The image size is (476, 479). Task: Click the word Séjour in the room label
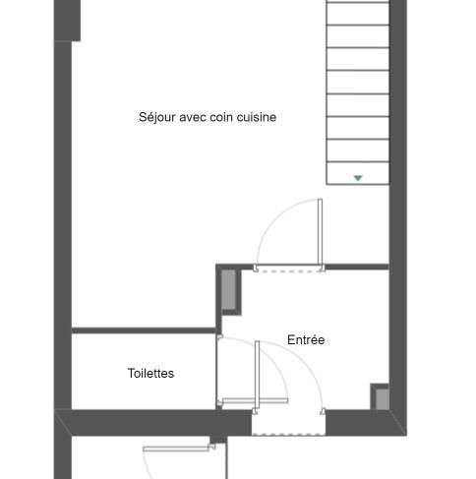pos(156,117)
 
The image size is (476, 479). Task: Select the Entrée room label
pos(306,339)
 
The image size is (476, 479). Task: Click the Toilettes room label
pos(150,373)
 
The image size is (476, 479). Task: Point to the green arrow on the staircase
pos(358,178)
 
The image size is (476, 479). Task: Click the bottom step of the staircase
pos(358,173)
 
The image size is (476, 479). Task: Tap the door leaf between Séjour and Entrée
pos(320,232)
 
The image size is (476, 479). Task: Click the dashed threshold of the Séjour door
pos(289,271)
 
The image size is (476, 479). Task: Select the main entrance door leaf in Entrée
pos(257,375)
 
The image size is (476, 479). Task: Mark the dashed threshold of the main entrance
pos(288,435)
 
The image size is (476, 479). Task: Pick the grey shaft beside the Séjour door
pos(229,289)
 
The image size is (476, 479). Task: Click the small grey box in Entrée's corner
pos(382,399)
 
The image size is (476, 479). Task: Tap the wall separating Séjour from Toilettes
pos(144,330)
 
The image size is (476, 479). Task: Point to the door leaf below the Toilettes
pos(176,449)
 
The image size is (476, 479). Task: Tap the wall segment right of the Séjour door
pos(357,267)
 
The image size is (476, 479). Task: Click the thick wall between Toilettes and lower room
pos(153,423)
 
